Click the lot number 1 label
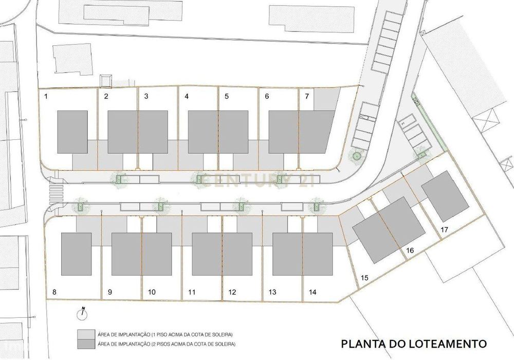tap(46, 96)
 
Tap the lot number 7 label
tap(307, 96)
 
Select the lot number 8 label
tap(54, 292)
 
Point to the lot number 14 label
tap(313, 292)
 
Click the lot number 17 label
tap(445, 230)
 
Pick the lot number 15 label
tap(364, 278)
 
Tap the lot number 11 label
tap(192, 292)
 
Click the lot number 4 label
tap(187, 96)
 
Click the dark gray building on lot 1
tap(71, 132)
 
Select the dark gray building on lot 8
tap(76, 254)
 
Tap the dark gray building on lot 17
tap(440, 196)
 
